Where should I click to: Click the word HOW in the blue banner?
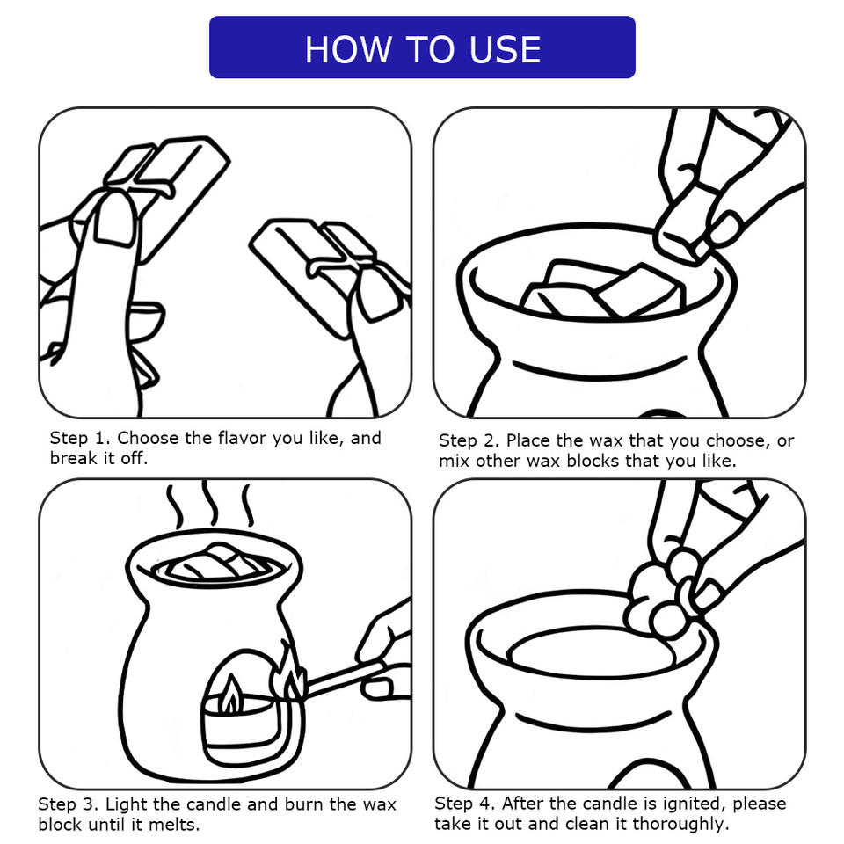(348, 49)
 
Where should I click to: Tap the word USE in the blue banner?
(505, 49)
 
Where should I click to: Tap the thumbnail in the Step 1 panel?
(116, 220)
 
